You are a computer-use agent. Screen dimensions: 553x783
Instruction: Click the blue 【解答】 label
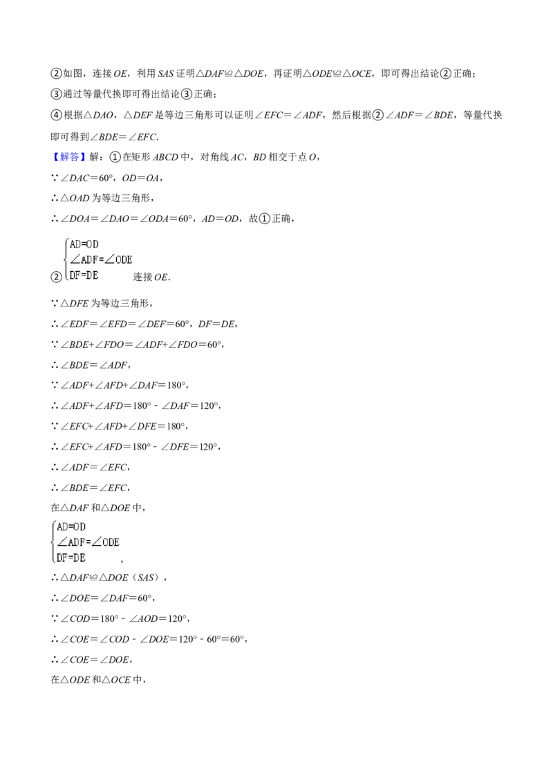click(x=66, y=157)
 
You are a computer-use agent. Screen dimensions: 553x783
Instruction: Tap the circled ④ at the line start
click(x=57, y=115)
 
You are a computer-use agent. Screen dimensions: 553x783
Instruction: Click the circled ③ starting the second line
click(x=57, y=94)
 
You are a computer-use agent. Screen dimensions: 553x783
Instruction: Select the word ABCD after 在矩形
click(x=165, y=157)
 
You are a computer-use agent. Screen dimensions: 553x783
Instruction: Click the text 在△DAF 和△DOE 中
click(x=97, y=508)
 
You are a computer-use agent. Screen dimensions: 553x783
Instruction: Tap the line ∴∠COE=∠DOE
click(x=92, y=660)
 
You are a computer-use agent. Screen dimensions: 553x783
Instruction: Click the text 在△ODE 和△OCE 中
click(x=97, y=680)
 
